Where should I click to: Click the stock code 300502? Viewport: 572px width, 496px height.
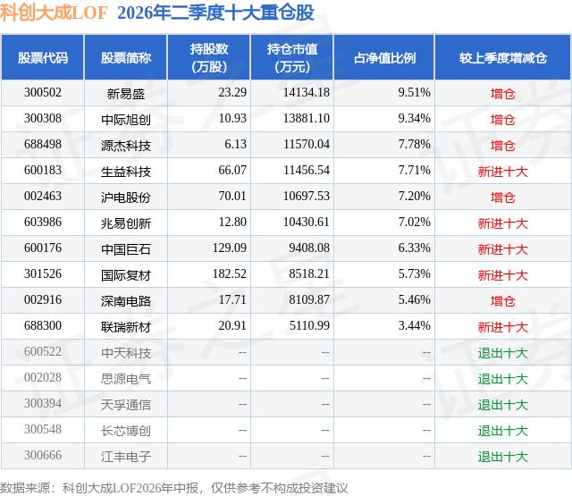point(43,93)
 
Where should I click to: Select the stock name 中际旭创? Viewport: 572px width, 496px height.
point(126,119)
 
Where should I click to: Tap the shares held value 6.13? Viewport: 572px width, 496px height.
point(235,145)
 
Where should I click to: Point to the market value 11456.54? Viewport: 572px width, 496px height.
point(307,171)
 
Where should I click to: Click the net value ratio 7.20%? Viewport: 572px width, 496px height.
point(414,197)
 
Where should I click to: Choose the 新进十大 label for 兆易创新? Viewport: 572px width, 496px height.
point(502,223)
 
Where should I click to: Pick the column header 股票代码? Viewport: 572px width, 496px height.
point(43,57)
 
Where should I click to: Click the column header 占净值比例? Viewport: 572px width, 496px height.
point(384,57)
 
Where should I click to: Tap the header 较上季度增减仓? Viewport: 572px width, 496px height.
point(502,57)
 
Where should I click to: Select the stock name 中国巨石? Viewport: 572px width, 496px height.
point(126,248)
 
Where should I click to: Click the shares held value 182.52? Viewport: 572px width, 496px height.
point(230,273)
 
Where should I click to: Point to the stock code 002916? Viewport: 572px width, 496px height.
point(43,299)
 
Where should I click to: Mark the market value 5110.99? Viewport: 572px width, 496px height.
point(309,325)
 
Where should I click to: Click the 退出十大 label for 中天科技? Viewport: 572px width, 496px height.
point(502,352)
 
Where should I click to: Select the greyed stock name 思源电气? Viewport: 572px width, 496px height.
point(126,378)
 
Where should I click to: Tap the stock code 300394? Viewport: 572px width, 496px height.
point(43,403)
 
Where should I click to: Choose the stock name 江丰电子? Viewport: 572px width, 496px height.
point(126,456)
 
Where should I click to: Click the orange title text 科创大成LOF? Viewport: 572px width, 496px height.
point(54,13)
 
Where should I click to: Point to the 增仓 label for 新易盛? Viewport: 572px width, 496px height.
point(502,93)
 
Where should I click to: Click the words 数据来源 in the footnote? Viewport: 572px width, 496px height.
point(25,488)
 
